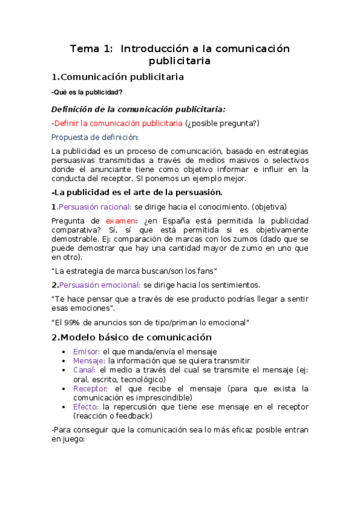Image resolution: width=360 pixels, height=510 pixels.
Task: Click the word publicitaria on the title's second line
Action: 180,61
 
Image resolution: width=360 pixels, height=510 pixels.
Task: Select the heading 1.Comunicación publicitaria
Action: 118,77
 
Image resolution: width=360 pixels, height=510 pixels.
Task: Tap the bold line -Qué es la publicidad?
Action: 87,92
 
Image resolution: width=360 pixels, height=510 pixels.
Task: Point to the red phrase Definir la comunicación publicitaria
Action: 118,123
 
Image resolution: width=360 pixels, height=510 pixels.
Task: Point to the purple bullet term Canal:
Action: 84,370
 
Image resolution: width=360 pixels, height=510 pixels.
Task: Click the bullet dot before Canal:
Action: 65,370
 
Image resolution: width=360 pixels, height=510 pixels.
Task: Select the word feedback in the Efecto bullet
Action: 133,416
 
